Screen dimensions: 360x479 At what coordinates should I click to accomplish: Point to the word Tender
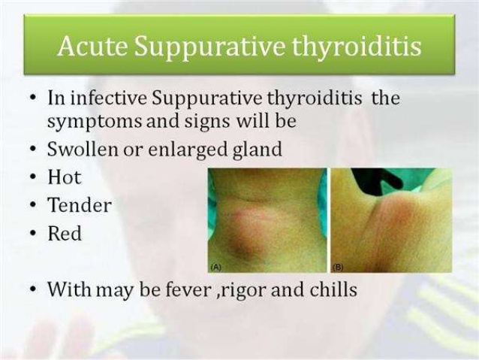coord(80,205)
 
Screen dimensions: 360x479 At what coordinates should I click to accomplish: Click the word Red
coord(65,233)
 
